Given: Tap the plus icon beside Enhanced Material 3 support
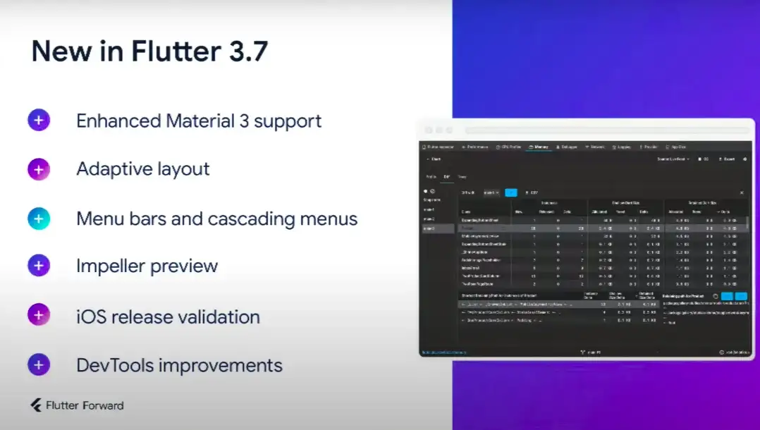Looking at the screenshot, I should tap(39, 121).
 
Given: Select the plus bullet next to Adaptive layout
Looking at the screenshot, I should tap(39, 169).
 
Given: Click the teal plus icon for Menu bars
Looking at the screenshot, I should tap(39, 219).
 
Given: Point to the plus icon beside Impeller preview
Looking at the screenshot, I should tap(39, 266).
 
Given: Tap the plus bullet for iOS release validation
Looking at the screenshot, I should tap(39, 315).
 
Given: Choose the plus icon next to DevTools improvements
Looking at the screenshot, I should tap(39, 365).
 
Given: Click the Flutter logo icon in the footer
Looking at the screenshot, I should tap(35, 405).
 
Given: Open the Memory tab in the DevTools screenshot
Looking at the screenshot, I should tap(539, 147).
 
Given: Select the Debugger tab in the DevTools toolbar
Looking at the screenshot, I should tap(566, 147).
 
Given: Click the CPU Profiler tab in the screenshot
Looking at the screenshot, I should tap(508, 147).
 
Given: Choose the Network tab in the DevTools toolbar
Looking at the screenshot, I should tap(594, 147).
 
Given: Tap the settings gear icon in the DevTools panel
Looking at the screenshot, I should tap(744, 159).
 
